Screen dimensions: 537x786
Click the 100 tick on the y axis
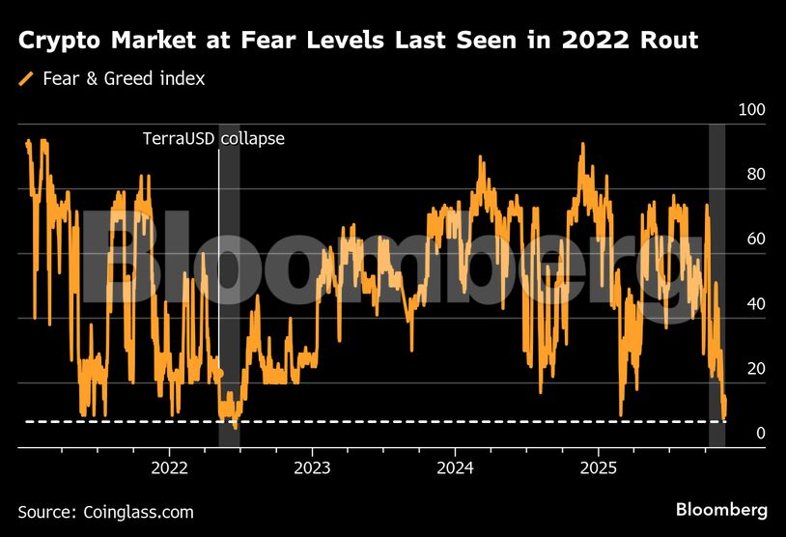[751, 110]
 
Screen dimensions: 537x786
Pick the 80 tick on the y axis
[755, 175]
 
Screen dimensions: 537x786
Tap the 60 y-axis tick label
[755, 240]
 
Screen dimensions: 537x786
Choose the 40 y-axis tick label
[755, 304]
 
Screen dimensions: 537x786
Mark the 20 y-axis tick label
[755, 369]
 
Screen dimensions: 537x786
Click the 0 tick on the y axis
[760, 434]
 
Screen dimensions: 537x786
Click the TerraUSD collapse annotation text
[213, 138]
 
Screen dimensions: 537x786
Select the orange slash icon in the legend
[25, 78]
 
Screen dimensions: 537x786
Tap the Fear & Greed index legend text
[124, 78]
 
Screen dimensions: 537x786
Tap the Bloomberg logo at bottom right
[721, 509]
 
